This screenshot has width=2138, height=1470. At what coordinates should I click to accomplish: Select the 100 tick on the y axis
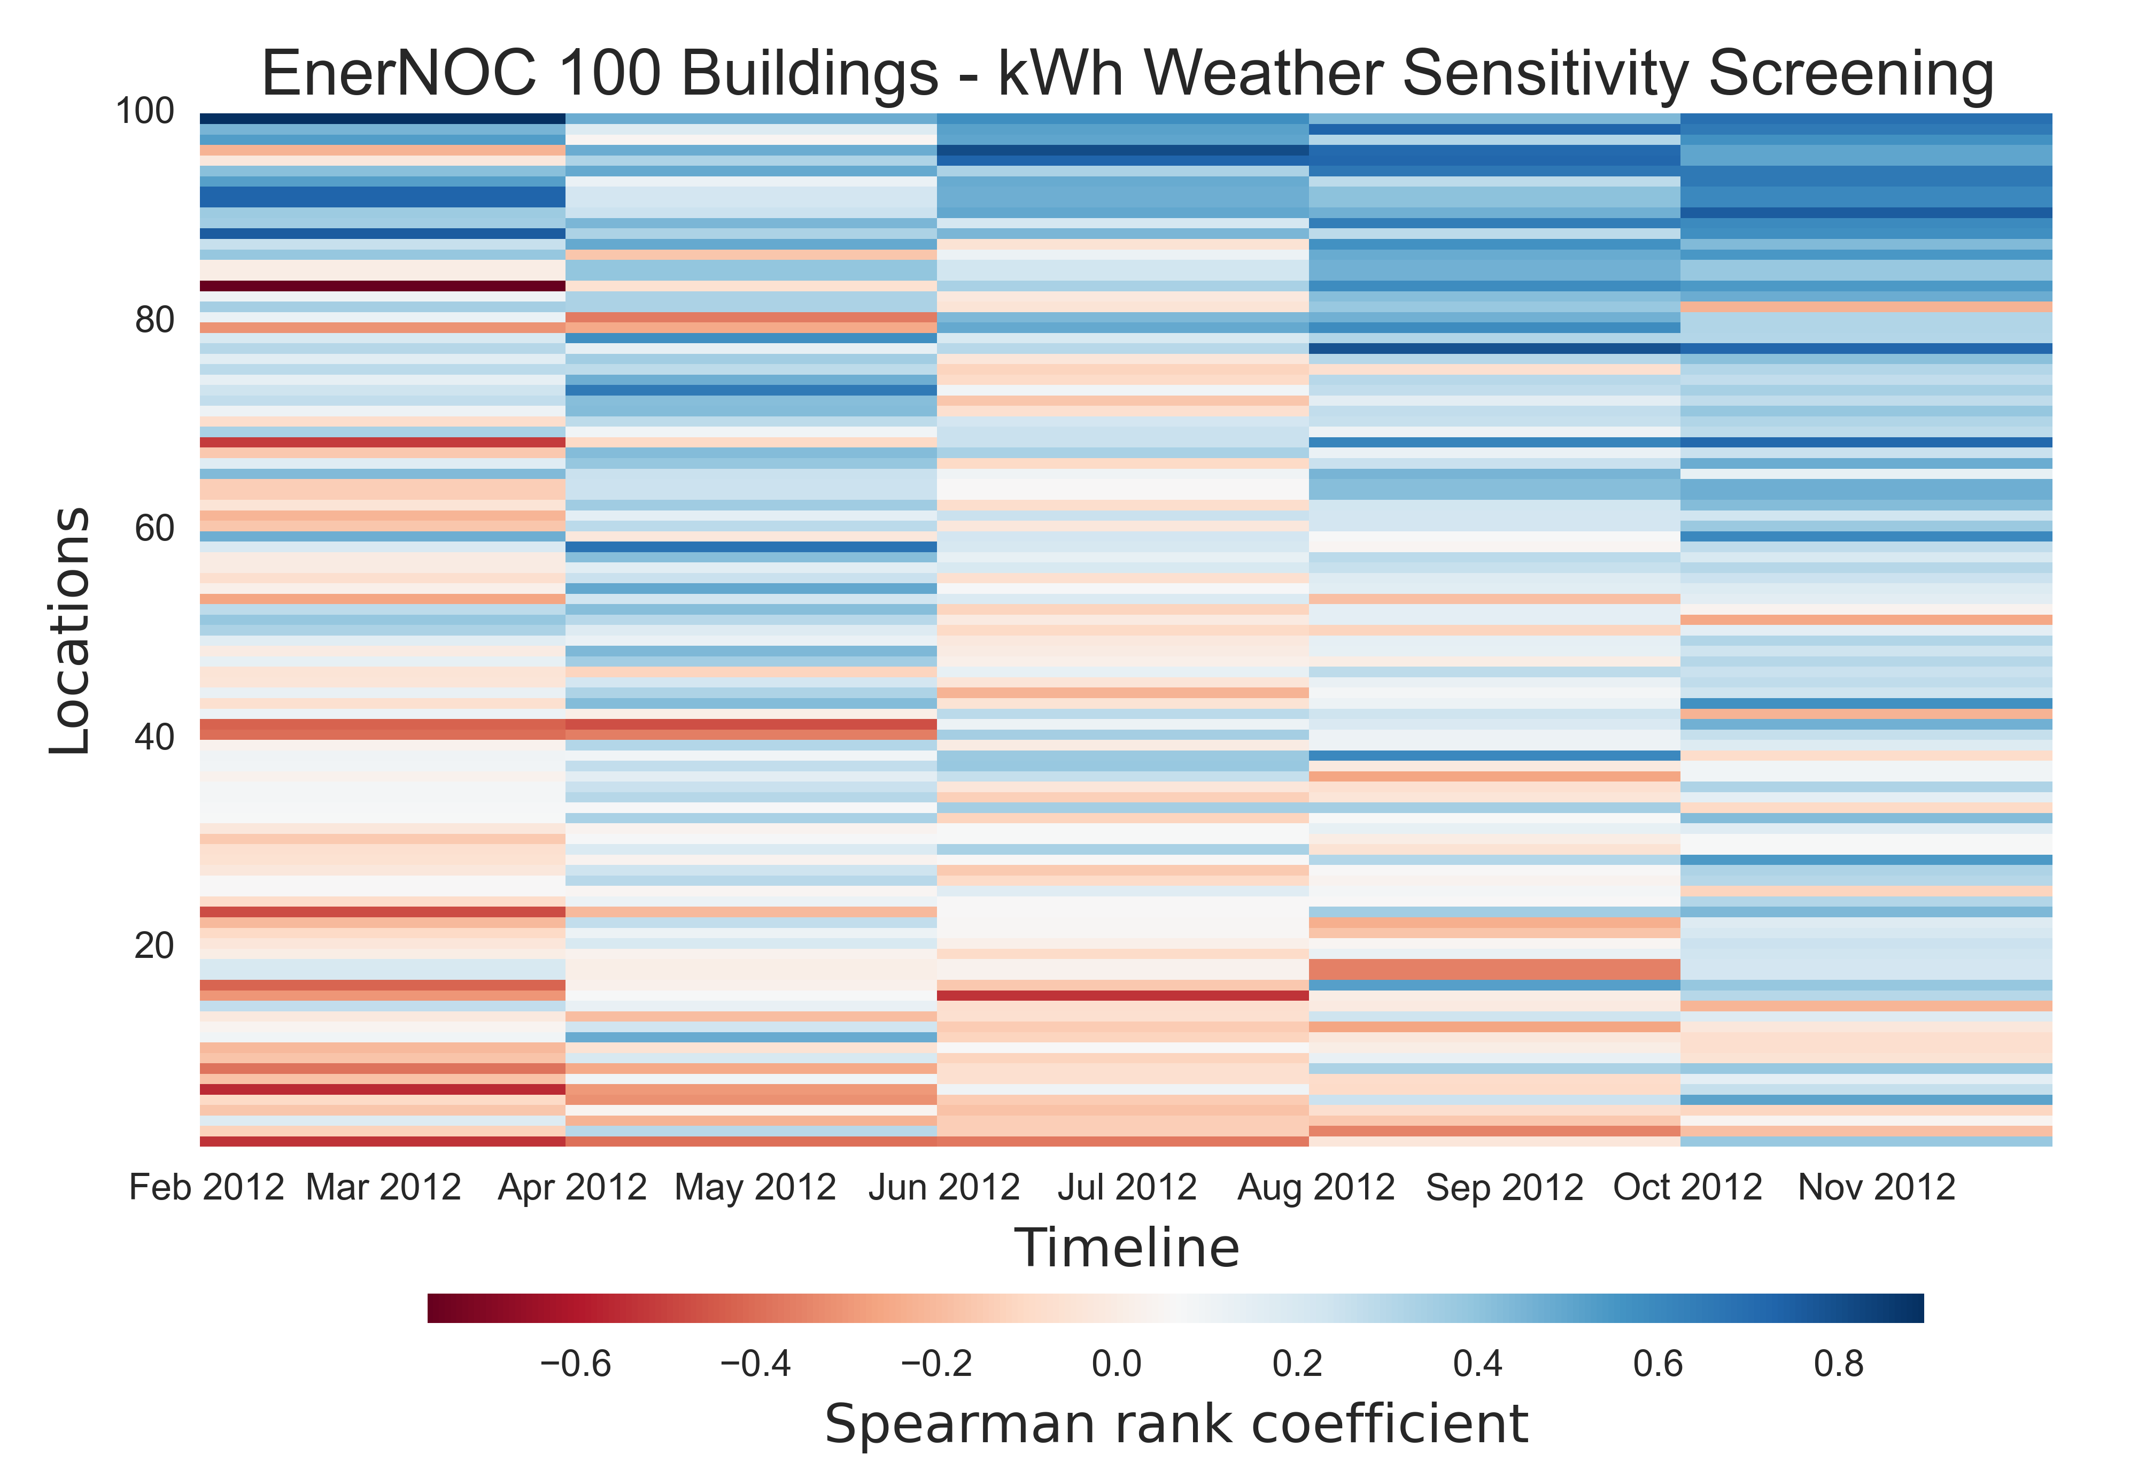144,111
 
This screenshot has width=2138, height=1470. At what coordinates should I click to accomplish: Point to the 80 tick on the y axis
154,321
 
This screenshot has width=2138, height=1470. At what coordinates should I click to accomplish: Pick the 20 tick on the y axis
154,946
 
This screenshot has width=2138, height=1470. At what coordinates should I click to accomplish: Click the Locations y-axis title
71,631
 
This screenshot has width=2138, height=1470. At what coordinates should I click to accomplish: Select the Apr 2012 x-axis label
572,1187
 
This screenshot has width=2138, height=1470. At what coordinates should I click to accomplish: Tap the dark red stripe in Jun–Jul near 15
1122,996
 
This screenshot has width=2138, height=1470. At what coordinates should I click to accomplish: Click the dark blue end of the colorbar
1911,1308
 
